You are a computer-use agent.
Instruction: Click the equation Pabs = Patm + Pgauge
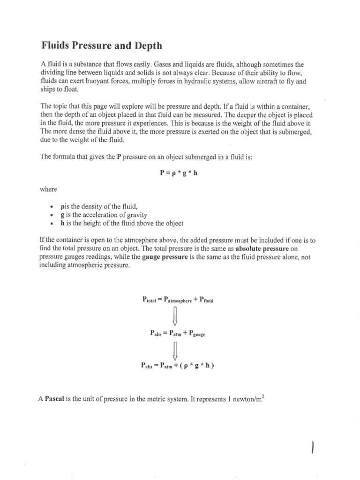(x=177, y=334)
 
